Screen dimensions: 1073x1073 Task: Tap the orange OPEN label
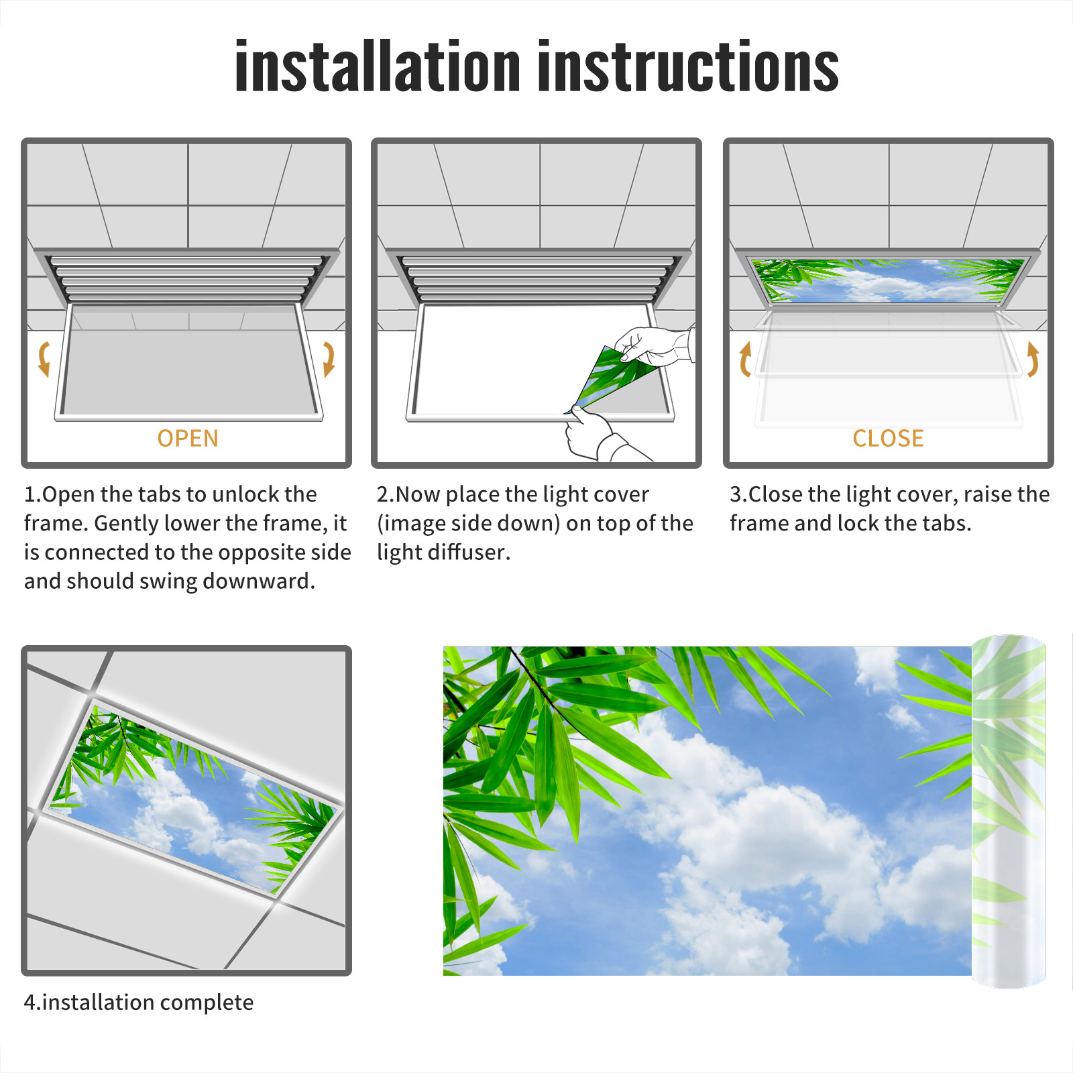pos(188,439)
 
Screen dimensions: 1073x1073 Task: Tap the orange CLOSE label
pos(888,439)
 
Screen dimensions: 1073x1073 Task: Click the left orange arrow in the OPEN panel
pos(44,359)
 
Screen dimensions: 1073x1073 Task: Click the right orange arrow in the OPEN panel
pos(329,359)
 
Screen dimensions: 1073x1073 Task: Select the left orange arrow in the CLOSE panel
pos(745,359)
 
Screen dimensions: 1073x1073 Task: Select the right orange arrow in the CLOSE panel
pos(1033,359)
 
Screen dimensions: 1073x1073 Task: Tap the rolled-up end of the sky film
pos(1009,811)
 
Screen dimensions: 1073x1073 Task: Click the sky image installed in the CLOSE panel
pos(888,280)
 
